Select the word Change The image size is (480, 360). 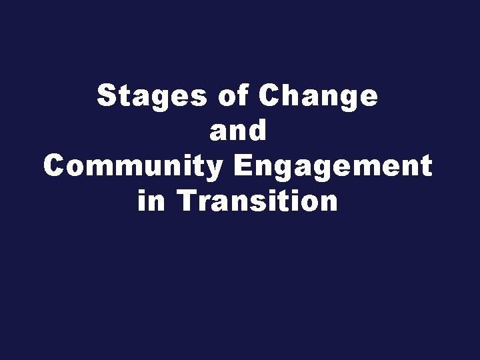(319, 97)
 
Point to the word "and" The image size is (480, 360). (239, 131)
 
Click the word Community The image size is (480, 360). (133, 166)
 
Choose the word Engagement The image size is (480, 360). (333, 166)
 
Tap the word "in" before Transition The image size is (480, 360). (151, 200)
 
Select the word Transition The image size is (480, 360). (258, 200)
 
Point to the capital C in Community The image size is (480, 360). (55, 165)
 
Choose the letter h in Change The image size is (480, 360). (290, 97)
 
